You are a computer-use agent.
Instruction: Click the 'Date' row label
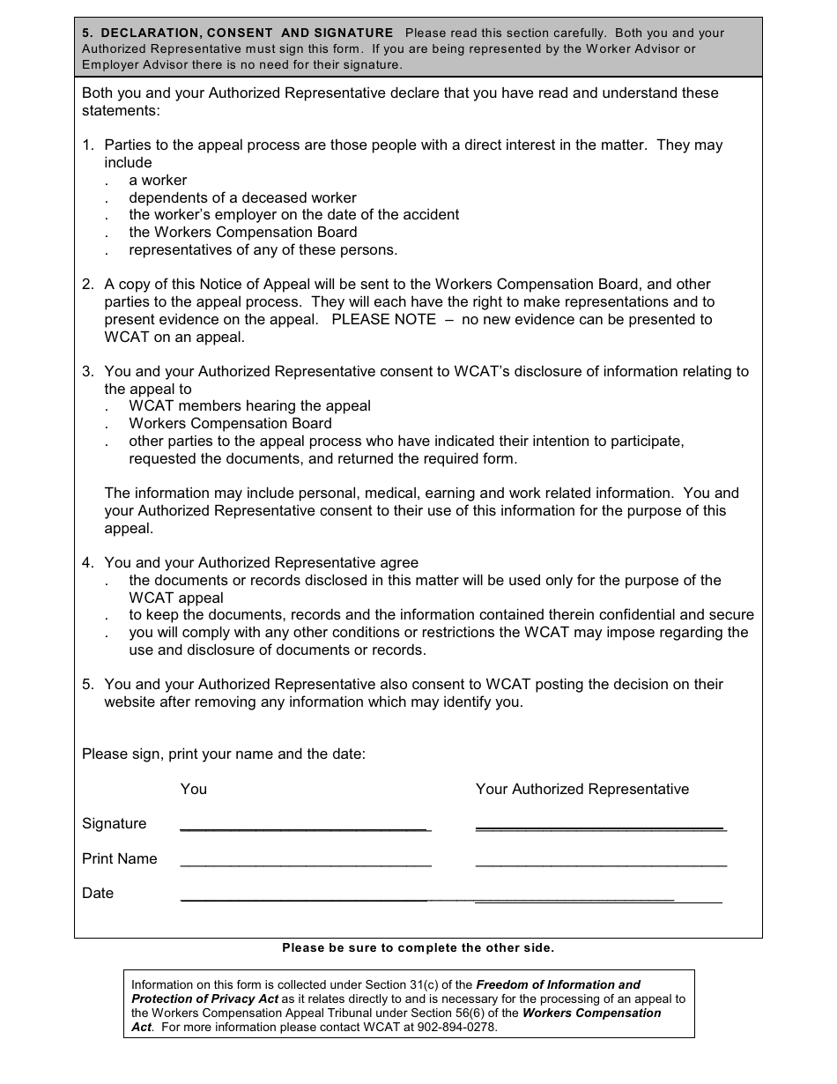[x=98, y=893]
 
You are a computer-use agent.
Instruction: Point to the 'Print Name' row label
[x=119, y=858]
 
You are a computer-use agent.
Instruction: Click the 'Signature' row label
[x=114, y=823]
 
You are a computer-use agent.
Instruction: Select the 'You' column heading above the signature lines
[x=193, y=789]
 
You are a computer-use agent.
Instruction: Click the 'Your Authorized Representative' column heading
[x=581, y=789]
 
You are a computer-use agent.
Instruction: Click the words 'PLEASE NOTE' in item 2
[x=383, y=319]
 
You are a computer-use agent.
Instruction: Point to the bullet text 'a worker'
[x=158, y=180]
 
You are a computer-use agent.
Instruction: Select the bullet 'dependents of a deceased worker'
[x=242, y=197]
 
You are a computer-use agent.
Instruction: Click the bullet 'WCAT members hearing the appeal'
[x=249, y=405]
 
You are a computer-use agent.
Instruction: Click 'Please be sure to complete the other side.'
[x=418, y=948]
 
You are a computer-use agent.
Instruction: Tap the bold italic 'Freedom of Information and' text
[x=558, y=984]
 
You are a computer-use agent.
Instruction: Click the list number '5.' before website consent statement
[x=88, y=684]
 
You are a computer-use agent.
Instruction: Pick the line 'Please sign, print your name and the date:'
[x=223, y=754]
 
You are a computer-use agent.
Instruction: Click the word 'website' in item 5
[x=130, y=702]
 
